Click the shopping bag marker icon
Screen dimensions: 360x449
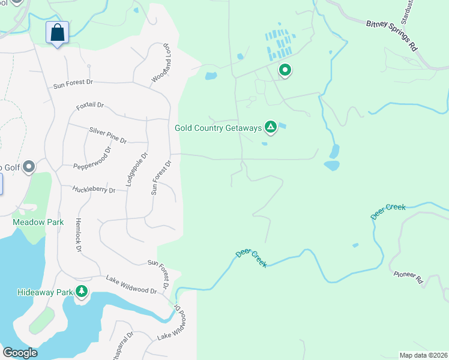(57, 32)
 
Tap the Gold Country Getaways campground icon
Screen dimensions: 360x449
(271, 127)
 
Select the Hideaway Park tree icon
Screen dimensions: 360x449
(81, 292)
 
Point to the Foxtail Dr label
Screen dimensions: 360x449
(90, 106)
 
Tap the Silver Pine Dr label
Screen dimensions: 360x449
(108, 136)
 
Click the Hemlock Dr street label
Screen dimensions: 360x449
(78, 234)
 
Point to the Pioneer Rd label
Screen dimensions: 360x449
(409, 278)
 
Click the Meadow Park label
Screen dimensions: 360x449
(38, 222)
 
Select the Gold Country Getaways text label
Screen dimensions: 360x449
(218, 128)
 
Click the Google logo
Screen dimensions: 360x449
(20, 353)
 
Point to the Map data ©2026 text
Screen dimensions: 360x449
(423, 355)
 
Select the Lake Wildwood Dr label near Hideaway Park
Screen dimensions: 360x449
(131, 284)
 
